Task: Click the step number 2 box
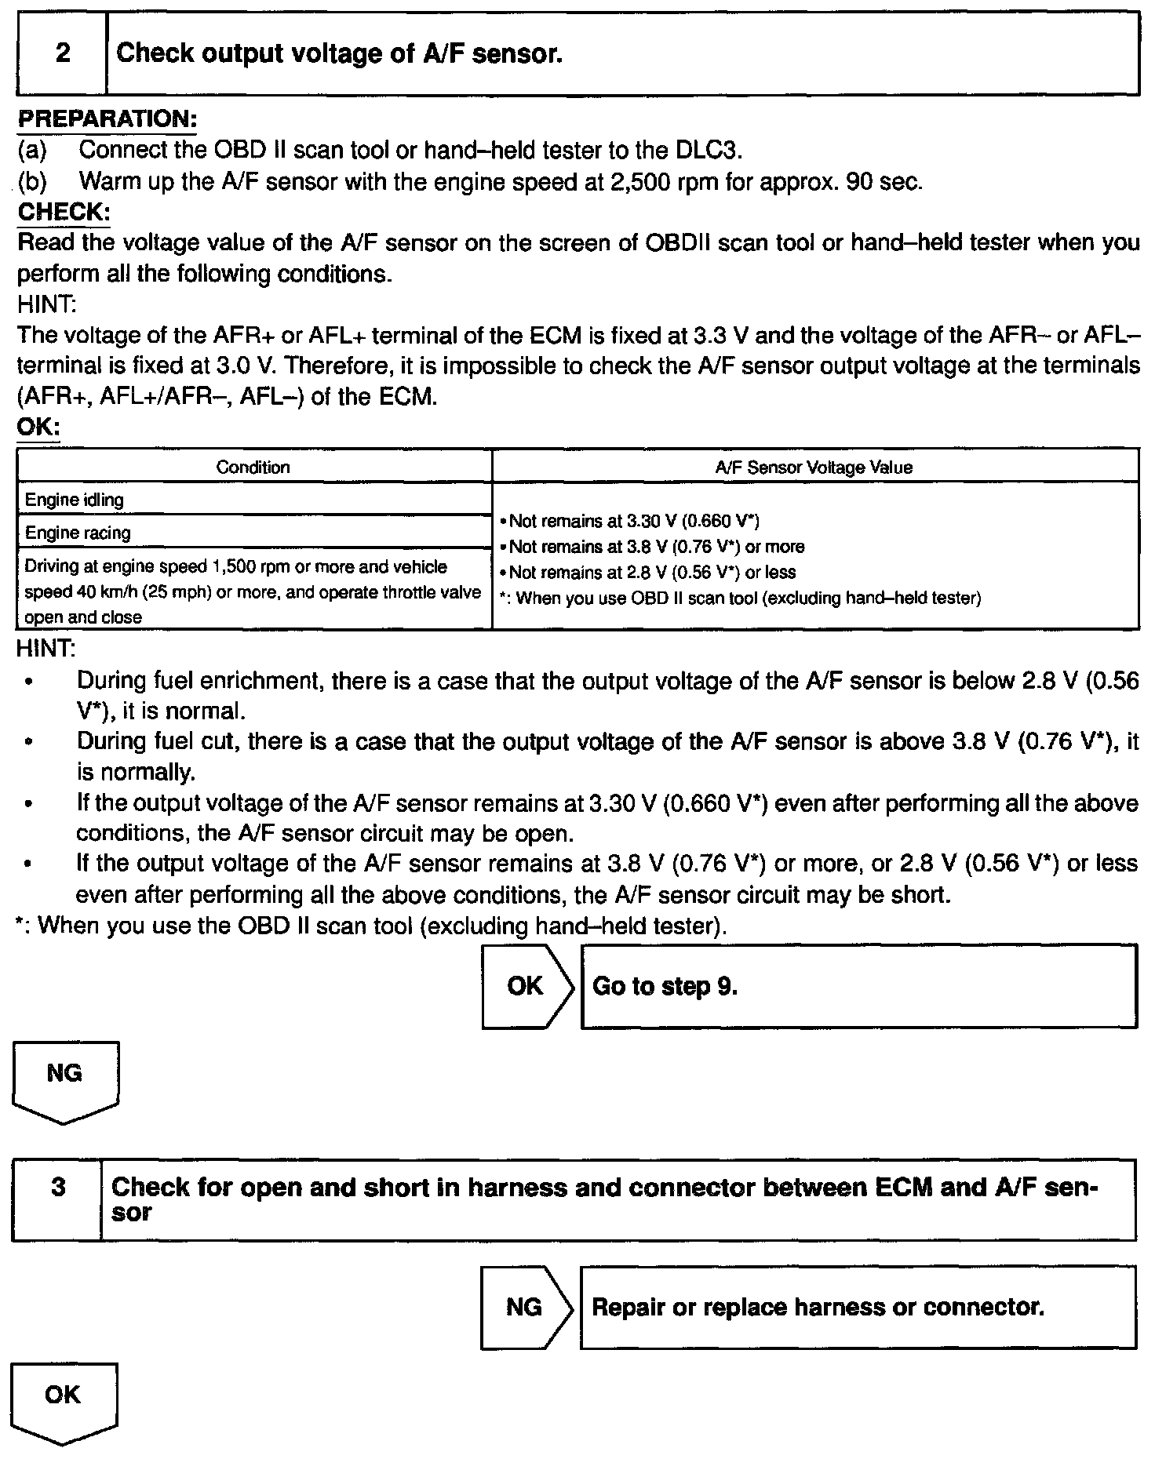pyautogui.click(x=62, y=53)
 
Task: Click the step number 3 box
pyautogui.click(x=57, y=1199)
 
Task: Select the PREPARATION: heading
pyautogui.click(x=107, y=119)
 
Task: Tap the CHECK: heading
pyautogui.click(x=64, y=212)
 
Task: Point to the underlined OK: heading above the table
pyautogui.click(x=38, y=428)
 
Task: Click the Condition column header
pyautogui.click(x=253, y=468)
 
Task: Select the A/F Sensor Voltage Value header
pyautogui.click(x=814, y=468)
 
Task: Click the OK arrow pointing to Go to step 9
pyautogui.click(x=526, y=986)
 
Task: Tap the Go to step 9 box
pyautogui.click(x=858, y=986)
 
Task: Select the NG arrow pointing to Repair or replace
pyautogui.click(x=525, y=1307)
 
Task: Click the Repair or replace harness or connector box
pyautogui.click(x=858, y=1307)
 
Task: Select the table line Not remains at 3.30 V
pyautogui.click(x=634, y=521)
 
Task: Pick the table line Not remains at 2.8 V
pyautogui.click(x=652, y=572)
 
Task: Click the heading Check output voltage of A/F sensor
pyautogui.click(x=339, y=53)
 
